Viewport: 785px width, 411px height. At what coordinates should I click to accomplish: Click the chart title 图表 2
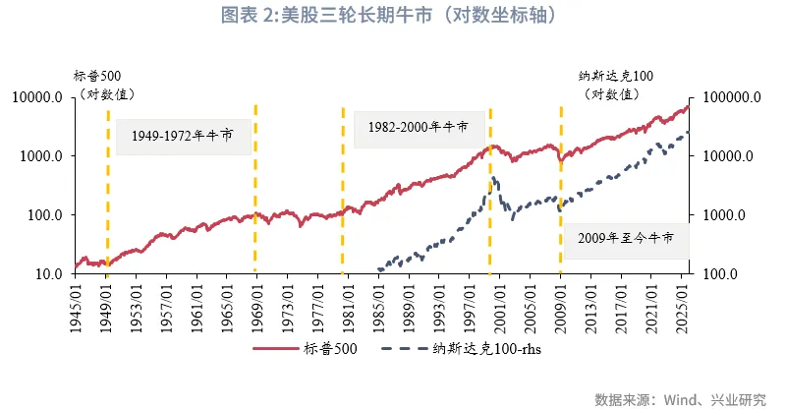pos(390,16)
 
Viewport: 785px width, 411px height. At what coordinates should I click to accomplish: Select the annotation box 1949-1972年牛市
pos(174,137)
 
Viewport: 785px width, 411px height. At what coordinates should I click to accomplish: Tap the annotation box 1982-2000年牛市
pos(413,128)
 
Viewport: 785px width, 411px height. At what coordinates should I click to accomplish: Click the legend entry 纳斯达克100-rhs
pos(473,348)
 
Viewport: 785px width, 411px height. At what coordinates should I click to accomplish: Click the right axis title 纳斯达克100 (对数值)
pos(615,85)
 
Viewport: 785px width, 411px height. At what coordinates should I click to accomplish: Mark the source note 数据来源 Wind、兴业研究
pos(680,398)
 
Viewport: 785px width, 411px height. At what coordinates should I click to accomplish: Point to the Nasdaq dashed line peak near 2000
pos(492,178)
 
